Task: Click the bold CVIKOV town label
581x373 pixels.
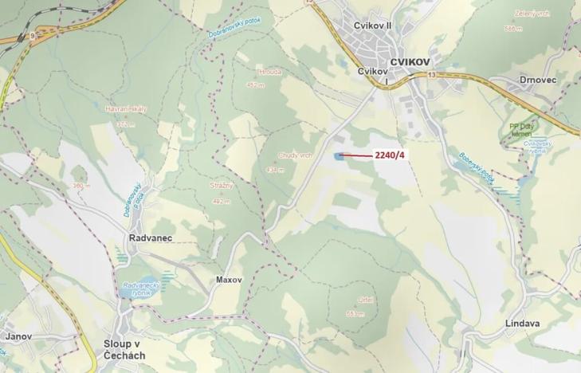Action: [x=410, y=61]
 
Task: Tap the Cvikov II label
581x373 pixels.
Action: [x=373, y=26]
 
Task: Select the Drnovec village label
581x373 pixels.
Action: [x=538, y=80]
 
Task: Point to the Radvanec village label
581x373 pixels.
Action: [x=150, y=238]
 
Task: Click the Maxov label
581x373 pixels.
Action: [x=229, y=280]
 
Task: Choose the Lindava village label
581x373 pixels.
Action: [x=523, y=324]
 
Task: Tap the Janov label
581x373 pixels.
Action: [x=18, y=336]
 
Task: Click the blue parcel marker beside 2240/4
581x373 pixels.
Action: [x=340, y=155]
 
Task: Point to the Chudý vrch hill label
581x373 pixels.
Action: [x=296, y=155]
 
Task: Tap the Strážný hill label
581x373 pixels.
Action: [x=222, y=186]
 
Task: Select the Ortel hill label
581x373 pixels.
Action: [x=367, y=300]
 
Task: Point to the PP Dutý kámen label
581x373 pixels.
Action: [x=525, y=129]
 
